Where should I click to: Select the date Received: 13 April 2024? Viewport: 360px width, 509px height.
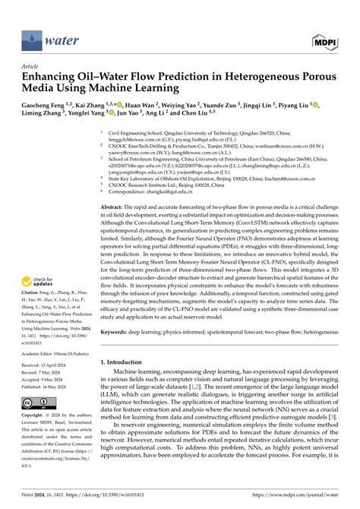pos(46,390)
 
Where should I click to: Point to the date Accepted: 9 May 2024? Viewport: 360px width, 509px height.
pos(45,399)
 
